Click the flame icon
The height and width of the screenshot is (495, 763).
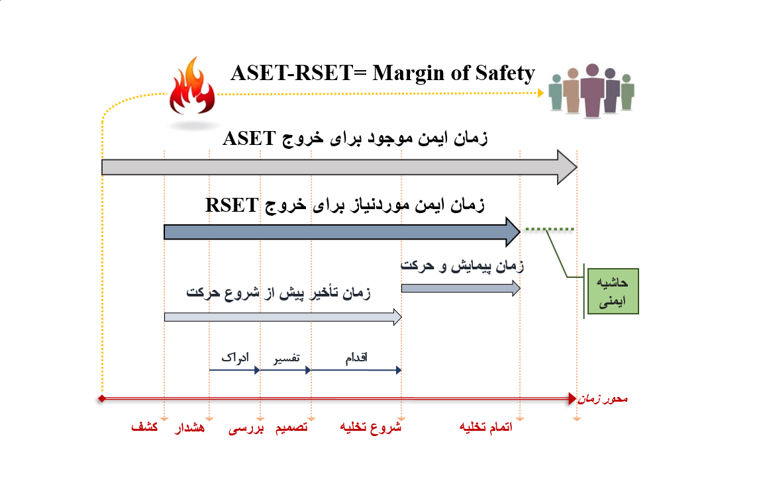point(191,87)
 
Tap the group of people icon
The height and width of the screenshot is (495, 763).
point(591,91)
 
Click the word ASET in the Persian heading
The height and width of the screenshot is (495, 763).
point(249,138)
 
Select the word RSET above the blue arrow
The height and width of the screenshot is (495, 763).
point(232,205)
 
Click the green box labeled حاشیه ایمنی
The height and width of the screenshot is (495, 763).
point(613,291)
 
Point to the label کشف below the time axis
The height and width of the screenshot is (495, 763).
point(144,427)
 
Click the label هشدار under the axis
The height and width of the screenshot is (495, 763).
point(190,427)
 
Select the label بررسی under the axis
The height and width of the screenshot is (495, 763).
point(246,428)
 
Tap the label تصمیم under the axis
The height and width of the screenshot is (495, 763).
point(291,427)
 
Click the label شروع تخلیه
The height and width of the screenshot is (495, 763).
point(371,427)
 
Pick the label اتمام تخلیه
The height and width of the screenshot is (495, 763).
point(486,427)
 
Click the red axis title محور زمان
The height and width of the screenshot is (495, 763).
point(603,399)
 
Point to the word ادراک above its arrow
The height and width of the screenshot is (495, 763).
point(235,358)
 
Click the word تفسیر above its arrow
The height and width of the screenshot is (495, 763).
point(286,359)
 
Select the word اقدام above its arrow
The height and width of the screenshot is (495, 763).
point(356,358)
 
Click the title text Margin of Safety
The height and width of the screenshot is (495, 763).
point(454,73)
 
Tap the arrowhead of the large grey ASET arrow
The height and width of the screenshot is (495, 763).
point(568,167)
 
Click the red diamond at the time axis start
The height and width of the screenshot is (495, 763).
point(102,399)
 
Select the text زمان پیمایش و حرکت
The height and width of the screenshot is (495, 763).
point(462,266)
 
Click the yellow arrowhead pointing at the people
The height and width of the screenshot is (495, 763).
point(540,93)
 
